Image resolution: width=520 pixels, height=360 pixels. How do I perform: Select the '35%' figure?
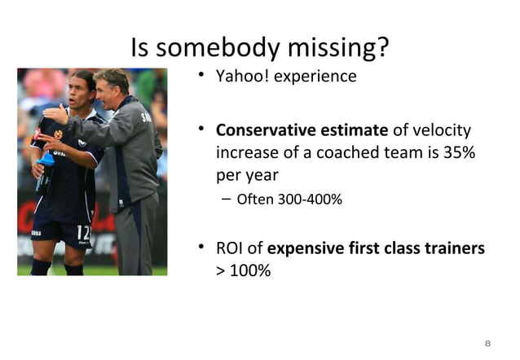click(459, 152)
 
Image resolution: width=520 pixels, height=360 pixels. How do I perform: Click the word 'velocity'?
click(443, 130)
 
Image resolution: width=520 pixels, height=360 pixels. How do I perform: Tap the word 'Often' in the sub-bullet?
click(253, 198)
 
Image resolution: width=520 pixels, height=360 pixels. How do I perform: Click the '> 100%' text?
click(243, 270)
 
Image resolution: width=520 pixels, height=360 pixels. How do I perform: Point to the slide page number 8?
click(487, 343)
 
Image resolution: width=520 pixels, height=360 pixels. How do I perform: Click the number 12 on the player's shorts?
click(82, 233)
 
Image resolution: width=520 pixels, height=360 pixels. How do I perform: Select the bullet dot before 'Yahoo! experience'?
click(200, 77)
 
